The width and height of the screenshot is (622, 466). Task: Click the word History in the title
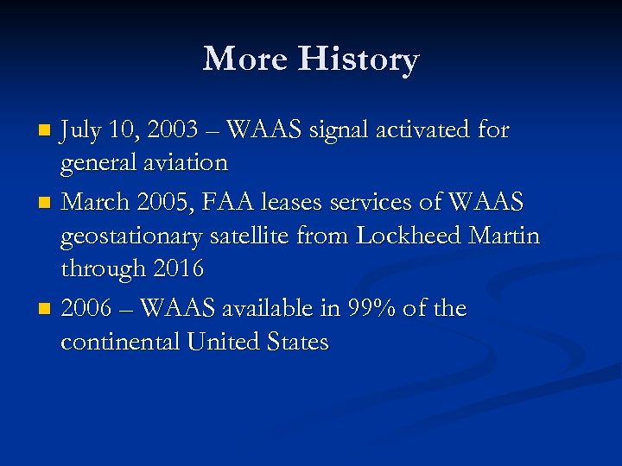point(359,60)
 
